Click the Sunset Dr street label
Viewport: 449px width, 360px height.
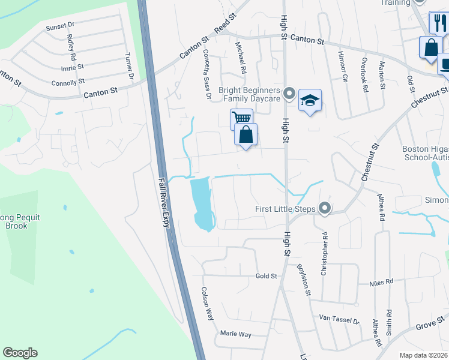tap(59, 26)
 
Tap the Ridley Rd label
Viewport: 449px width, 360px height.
tap(71, 46)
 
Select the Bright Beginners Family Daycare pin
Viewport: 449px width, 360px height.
tap(289, 94)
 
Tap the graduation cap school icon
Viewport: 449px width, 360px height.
tap(310, 100)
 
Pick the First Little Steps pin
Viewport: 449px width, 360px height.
tap(325, 209)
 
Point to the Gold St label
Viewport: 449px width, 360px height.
tap(266, 276)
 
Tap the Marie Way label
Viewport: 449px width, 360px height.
tap(235, 334)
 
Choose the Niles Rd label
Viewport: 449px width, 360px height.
tap(381, 281)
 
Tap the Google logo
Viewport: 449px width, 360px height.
tap(20, 353)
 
